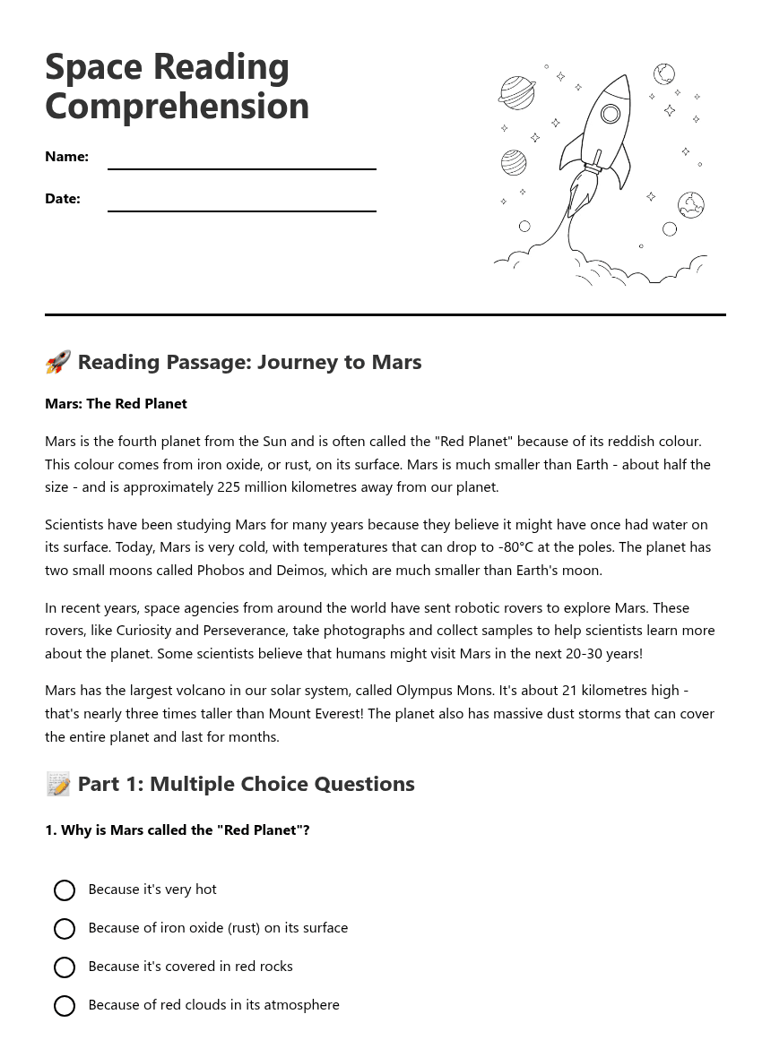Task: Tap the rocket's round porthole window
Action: point(611,114)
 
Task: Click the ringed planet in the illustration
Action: point(517,92)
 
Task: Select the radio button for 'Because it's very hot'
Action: point(65,890)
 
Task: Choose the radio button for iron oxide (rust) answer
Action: point(65,929)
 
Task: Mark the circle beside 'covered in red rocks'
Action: point(65,967)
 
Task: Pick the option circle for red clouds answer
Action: point(65,1006)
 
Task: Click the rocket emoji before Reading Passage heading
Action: point(57,363)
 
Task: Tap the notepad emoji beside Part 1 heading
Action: point(57,785)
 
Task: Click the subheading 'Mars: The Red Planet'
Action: point(116,404)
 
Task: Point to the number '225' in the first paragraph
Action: point(229,487)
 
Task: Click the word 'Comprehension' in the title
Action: point(177,106)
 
